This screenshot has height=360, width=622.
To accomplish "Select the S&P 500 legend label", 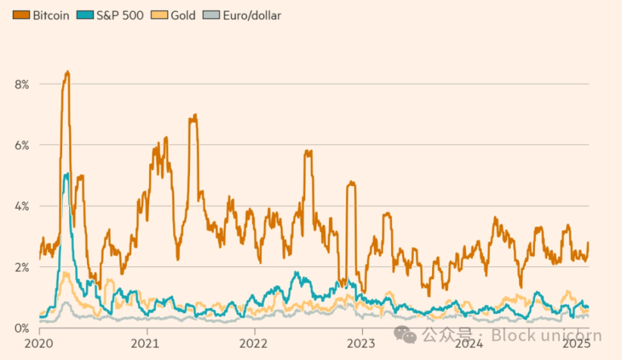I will click(x=120, y=15).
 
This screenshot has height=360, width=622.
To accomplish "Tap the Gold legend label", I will click(x=183, y=15).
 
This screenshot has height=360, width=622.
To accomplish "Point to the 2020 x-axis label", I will click(x=40, y=343).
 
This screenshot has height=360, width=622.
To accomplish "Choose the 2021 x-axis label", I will click(x=147, y=343).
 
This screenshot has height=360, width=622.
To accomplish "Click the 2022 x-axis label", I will click(x=255, y=343).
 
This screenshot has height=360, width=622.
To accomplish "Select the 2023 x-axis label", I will click(x=362, y=343).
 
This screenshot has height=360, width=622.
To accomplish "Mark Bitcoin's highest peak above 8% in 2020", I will click(x=67, y=72).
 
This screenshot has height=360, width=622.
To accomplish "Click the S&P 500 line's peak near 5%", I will click(x=66, y=174).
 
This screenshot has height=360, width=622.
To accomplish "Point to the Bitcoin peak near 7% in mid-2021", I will click(x=194, y=116).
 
